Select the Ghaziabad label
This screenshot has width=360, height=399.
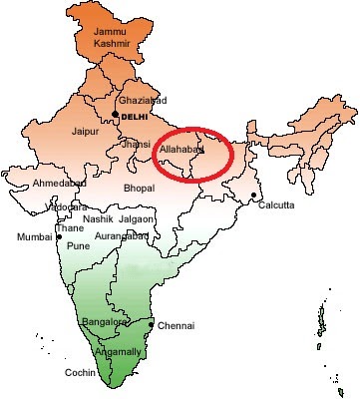coord(145,101)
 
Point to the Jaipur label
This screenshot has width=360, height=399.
coord(88,131)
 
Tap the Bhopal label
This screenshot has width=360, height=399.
coord(139,188)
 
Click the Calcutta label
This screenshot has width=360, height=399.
coord(275,204)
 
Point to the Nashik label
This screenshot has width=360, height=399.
coord(98,218)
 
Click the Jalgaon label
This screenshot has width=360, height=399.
coord(138,218)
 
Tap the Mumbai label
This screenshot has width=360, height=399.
coord(33,237)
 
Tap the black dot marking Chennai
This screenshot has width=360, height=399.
coord(152,325)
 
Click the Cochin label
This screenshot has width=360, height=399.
coord(80,372)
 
